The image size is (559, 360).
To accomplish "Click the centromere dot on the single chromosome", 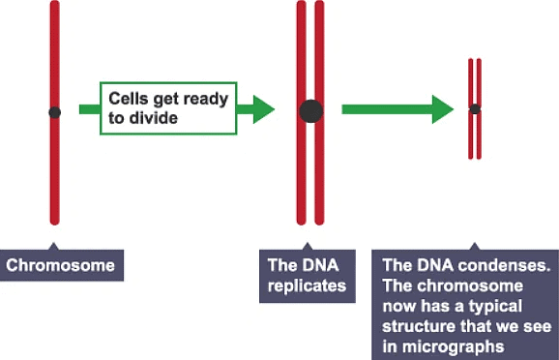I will (x=55, y=112).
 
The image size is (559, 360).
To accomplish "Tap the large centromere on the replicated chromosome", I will (x=310, y=110).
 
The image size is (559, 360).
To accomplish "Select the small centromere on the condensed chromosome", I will (x=475, y=108).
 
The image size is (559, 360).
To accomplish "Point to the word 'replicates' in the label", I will (x=307, y=286).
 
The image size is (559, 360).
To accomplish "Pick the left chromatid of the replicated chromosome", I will (x=302, y=58).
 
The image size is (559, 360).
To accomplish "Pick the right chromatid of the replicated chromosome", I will (x=319, y=58).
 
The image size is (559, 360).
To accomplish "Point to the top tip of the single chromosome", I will (x=55, y=5).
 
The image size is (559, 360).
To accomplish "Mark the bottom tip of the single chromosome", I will (x=55, y=222).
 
